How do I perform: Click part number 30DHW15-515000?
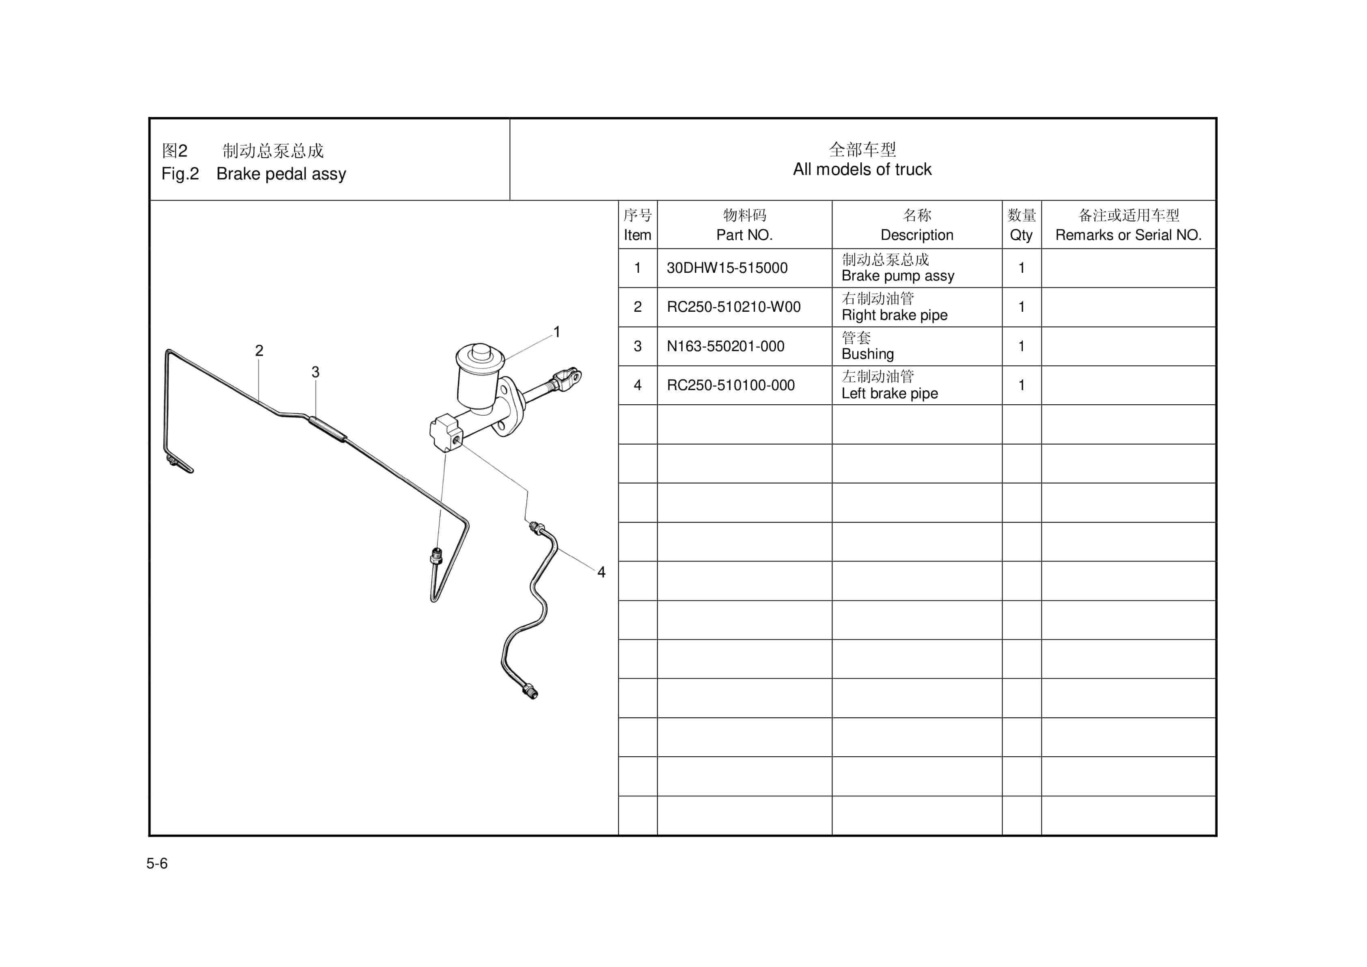tap(727, 268)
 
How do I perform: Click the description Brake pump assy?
tap(897, 276)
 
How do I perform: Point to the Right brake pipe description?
tap(894, 315)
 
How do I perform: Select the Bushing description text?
tap(867, 354)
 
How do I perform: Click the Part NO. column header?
tap(744, 235)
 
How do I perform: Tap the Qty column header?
tap(1021, 235)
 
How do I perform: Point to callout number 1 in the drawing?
tap(557, 332)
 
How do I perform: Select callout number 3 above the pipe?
tap(315, 372)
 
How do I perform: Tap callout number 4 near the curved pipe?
tap(602, 572)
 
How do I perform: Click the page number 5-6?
tap(157, 863)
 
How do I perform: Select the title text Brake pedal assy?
tap(281, 174)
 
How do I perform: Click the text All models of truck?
tap(862, 170)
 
